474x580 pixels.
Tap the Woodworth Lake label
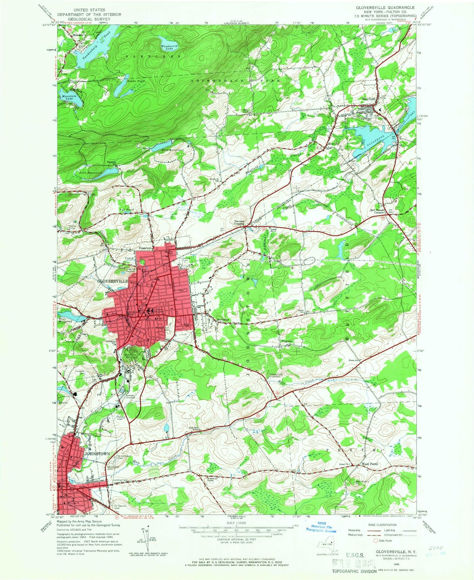pos(169,48)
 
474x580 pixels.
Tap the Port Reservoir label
pos(91,173)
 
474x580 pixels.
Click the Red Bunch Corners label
pos(377,211)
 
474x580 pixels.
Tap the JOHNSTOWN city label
pos(97,453)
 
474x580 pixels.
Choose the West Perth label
pos(370,464)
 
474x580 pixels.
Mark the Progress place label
pos(287,341)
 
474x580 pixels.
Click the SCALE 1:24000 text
pos(236,532)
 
